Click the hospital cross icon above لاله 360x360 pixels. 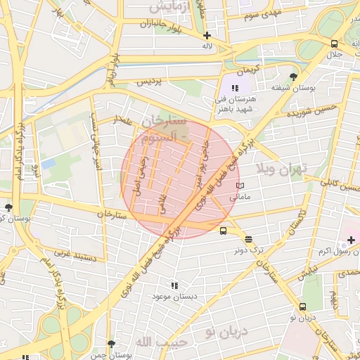207,35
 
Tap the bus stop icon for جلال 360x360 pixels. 334,43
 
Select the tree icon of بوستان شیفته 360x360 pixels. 293,76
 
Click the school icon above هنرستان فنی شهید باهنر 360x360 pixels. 235,88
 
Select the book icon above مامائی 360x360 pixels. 240,186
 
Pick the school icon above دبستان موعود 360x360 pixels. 174,285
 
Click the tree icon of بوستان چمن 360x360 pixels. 111,344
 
